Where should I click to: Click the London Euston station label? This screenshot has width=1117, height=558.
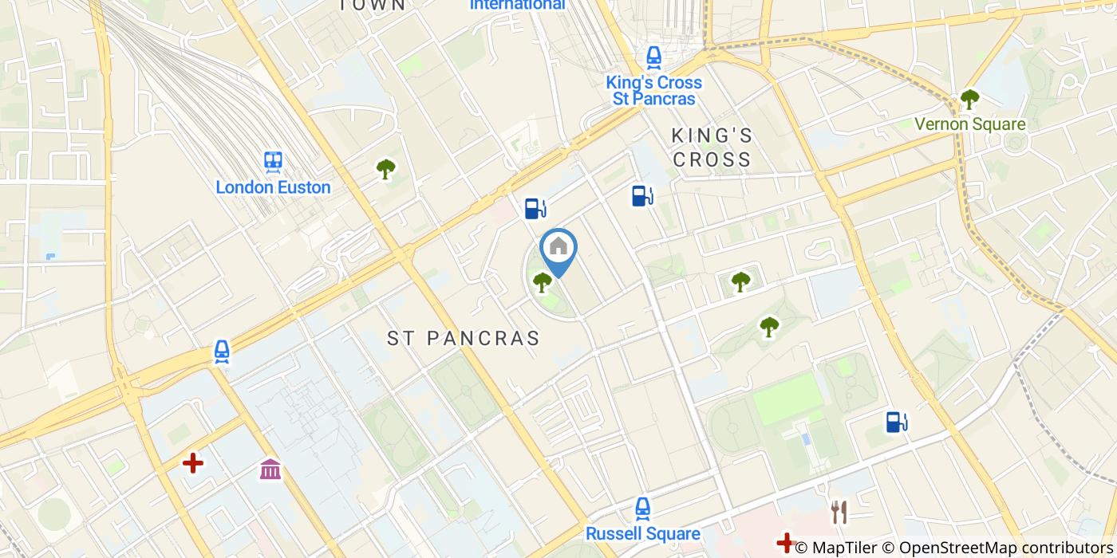[273, 187]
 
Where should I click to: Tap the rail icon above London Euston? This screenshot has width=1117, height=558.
[273, 163]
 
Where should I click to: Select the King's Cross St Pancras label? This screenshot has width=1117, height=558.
[653, 91]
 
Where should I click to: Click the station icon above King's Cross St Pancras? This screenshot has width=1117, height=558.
[653, 57]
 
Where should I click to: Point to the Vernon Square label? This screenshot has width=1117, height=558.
[969, 124]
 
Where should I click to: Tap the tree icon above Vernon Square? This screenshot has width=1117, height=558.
[969, 100]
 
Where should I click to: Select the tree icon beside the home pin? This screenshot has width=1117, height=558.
[543, 281]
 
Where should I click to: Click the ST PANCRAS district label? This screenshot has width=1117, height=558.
[464, 338]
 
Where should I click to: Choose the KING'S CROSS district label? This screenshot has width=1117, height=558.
[712, 147]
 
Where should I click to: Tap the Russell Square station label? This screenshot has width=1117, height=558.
[642, 533]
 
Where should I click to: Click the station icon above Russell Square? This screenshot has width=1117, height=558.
[642, 508]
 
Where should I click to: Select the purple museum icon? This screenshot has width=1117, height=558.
[270, 470]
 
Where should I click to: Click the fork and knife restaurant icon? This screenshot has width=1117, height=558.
[839, 512]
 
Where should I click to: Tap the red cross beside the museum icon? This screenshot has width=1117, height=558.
[192, 463]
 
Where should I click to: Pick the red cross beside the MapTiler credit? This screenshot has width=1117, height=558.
[785, 544]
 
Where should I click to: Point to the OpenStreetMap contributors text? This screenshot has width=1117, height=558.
[1006, 548]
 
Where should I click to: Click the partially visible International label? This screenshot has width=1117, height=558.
[517, 5]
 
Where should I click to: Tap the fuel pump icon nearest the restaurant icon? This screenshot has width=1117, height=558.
[897, 422]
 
